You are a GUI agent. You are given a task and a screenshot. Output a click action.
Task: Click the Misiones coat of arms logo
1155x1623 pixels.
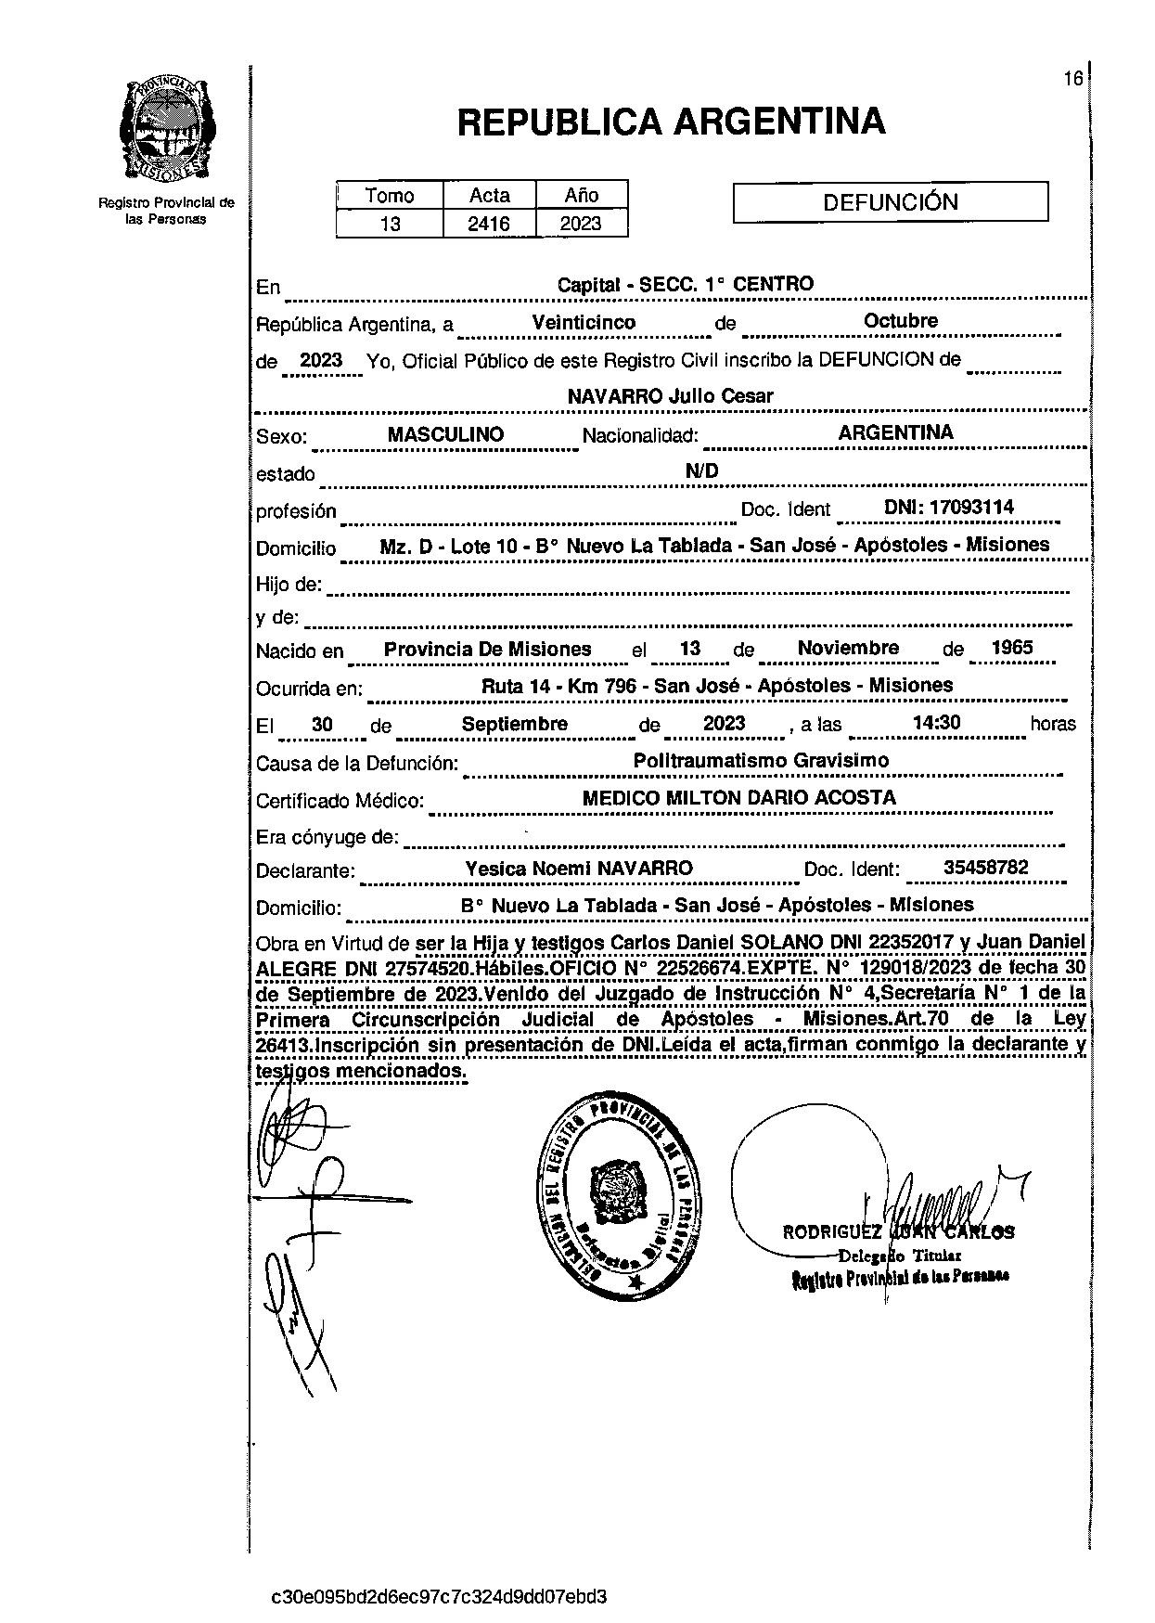[167, 130]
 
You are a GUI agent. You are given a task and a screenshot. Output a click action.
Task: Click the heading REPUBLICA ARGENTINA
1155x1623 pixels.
[671, 122]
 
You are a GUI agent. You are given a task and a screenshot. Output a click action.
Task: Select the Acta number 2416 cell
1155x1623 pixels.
[489, 224]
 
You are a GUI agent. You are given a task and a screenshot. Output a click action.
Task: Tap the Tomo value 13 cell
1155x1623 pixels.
[390, 224]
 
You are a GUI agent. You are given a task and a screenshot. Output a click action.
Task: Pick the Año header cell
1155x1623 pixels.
[582, 195]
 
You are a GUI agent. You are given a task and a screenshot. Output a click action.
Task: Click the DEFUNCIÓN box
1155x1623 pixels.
[890, 202]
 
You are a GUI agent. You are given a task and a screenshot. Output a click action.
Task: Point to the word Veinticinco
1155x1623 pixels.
[584, 323]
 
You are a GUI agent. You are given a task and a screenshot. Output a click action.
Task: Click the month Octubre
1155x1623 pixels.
[901, 321]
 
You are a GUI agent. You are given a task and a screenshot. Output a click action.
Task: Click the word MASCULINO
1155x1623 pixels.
[445, 434]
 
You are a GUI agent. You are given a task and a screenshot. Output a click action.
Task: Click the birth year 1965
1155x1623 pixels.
[1011, 648]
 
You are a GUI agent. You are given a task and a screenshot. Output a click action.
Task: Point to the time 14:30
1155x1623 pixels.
[936, 723]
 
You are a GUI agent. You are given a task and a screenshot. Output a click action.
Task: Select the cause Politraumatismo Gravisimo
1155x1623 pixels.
[761, 761]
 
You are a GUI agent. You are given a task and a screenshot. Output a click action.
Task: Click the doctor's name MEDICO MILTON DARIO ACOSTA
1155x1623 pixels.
[738, 798]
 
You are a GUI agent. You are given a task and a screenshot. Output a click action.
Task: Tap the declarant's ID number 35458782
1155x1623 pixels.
[985, 868]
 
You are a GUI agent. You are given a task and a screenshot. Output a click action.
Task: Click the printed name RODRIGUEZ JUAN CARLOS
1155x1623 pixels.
[898, 1233]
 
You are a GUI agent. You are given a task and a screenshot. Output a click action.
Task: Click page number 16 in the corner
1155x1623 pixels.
[1072, 79]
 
